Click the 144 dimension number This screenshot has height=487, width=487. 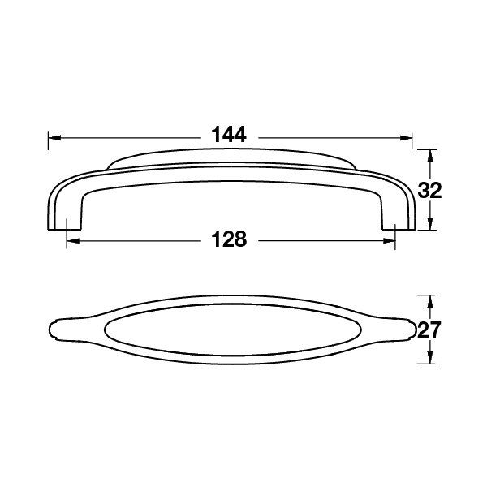click(x=230, y=136)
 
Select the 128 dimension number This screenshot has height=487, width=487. click(x=230, y=239)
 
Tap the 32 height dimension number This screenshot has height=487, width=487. click(x=429, y=192)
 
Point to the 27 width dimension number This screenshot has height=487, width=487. click(x=429, y=331)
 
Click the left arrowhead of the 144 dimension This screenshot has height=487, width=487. click(x=54, y=137)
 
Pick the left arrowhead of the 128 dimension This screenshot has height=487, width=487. click(x=70, y=240)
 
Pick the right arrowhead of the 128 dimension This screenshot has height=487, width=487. click(x=390, y=240)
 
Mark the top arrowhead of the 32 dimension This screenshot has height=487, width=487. click(x=429, y=154)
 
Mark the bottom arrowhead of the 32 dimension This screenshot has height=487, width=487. click(x=429, y=228)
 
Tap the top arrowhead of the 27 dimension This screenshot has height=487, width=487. click(x=429, y=299)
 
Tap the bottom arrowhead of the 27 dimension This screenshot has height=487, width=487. click(x=429, y=363)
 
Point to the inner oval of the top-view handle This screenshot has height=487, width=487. click(x=231, y=330)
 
